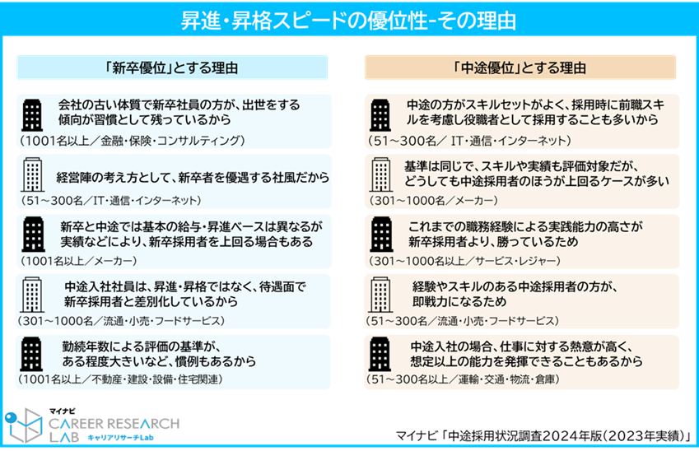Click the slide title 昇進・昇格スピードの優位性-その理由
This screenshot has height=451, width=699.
click(x=349, y=18)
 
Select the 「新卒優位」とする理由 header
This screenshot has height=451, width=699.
click(x=172, y=67)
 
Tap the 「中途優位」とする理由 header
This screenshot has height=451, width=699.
click(x=520, y=67)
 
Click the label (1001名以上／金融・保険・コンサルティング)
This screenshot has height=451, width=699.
click(x=133, y=141)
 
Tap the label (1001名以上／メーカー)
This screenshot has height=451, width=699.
click(x=79, y=261)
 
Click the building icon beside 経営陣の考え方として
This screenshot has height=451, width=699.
click(x=34, y=175)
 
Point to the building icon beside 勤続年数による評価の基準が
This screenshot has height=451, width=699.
click(x=34, y=353)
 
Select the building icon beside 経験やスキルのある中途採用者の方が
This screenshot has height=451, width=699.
click(x=380, y=294)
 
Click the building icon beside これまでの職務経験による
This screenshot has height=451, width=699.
click(x=380, y=234)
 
